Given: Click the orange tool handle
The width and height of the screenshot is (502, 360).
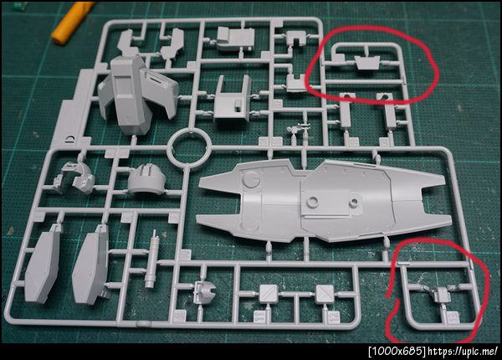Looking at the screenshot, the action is point(73,22).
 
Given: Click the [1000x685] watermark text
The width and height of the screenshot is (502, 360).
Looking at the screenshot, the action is point(397,352).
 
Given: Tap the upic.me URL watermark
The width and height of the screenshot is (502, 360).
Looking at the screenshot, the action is point(463,352).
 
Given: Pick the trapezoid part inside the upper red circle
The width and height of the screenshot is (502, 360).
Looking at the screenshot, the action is point(367,63).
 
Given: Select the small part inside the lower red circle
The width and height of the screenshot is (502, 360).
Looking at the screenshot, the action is point(442,294).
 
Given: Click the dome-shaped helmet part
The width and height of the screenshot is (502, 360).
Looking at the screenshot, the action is point(147,179).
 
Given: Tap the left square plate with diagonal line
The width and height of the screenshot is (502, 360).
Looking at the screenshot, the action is point(269,294).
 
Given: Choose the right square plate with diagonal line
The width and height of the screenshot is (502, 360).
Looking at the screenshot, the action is point(325,294).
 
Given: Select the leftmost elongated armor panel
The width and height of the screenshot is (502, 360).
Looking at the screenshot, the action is point(43,265).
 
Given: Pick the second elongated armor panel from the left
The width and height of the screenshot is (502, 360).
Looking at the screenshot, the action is point(91,265).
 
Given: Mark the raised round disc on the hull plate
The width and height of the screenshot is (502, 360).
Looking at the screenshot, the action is point(251,178).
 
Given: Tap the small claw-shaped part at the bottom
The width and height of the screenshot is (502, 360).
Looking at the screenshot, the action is point(204,292).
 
